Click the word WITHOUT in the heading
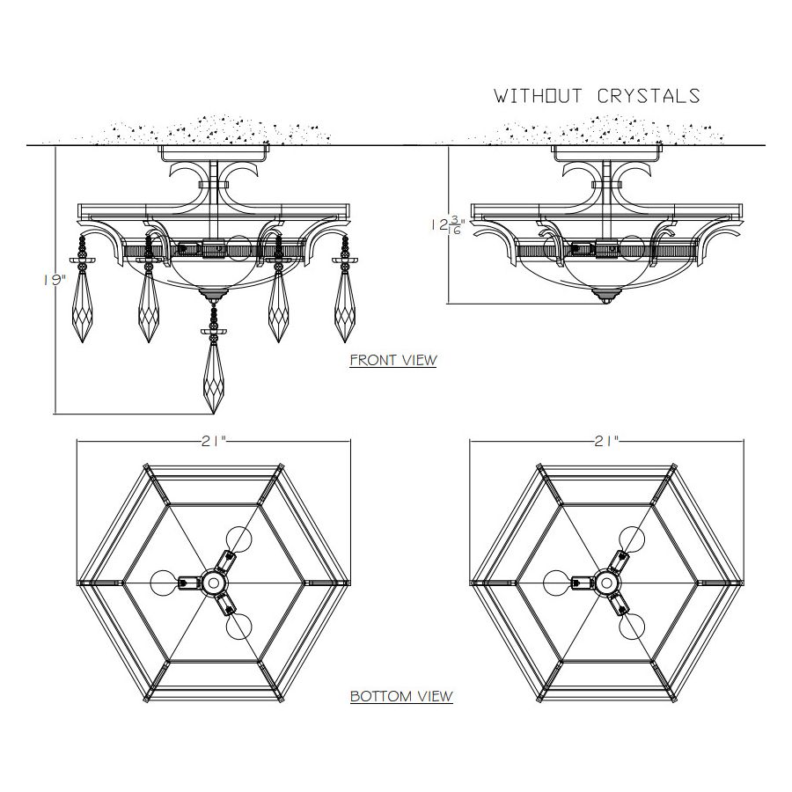coord(538,96)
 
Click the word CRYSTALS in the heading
coord(649,96)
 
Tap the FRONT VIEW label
coord(393,360)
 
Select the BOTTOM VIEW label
coord(401,696)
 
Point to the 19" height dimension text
coord(55,280)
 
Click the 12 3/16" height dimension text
coord(448,224)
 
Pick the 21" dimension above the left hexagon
coord(213,442)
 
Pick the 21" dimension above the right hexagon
coord(606,442)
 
